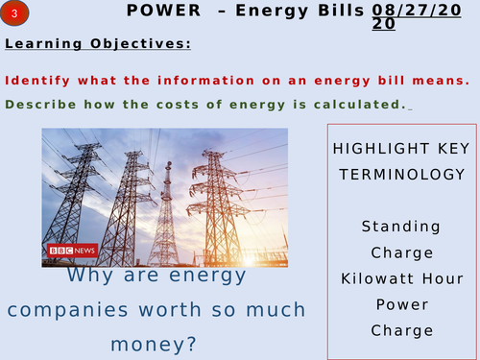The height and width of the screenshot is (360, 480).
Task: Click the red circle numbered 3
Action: pyautogui.click(x=15, y=13)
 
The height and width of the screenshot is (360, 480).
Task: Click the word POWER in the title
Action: pyautogui.click(x=161, y=11)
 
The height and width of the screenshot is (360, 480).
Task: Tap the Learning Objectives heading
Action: pyautogui.click(x=97, y=44)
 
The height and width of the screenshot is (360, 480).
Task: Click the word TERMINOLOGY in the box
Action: pyautogui.click(x=401, y=175)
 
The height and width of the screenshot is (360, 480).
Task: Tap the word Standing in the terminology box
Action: pyautogui.click(x=401, y=227)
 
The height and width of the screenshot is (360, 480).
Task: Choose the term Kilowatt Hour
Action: pyautogui.click(x=401, y=278)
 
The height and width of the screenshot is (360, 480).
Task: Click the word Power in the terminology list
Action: pyautogui.click(x=401, y=304)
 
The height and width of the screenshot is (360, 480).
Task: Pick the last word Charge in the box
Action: pyautogui.click(x=401, y=330)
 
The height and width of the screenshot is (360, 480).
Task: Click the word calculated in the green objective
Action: pyautogui.click(x=357, y=104)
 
